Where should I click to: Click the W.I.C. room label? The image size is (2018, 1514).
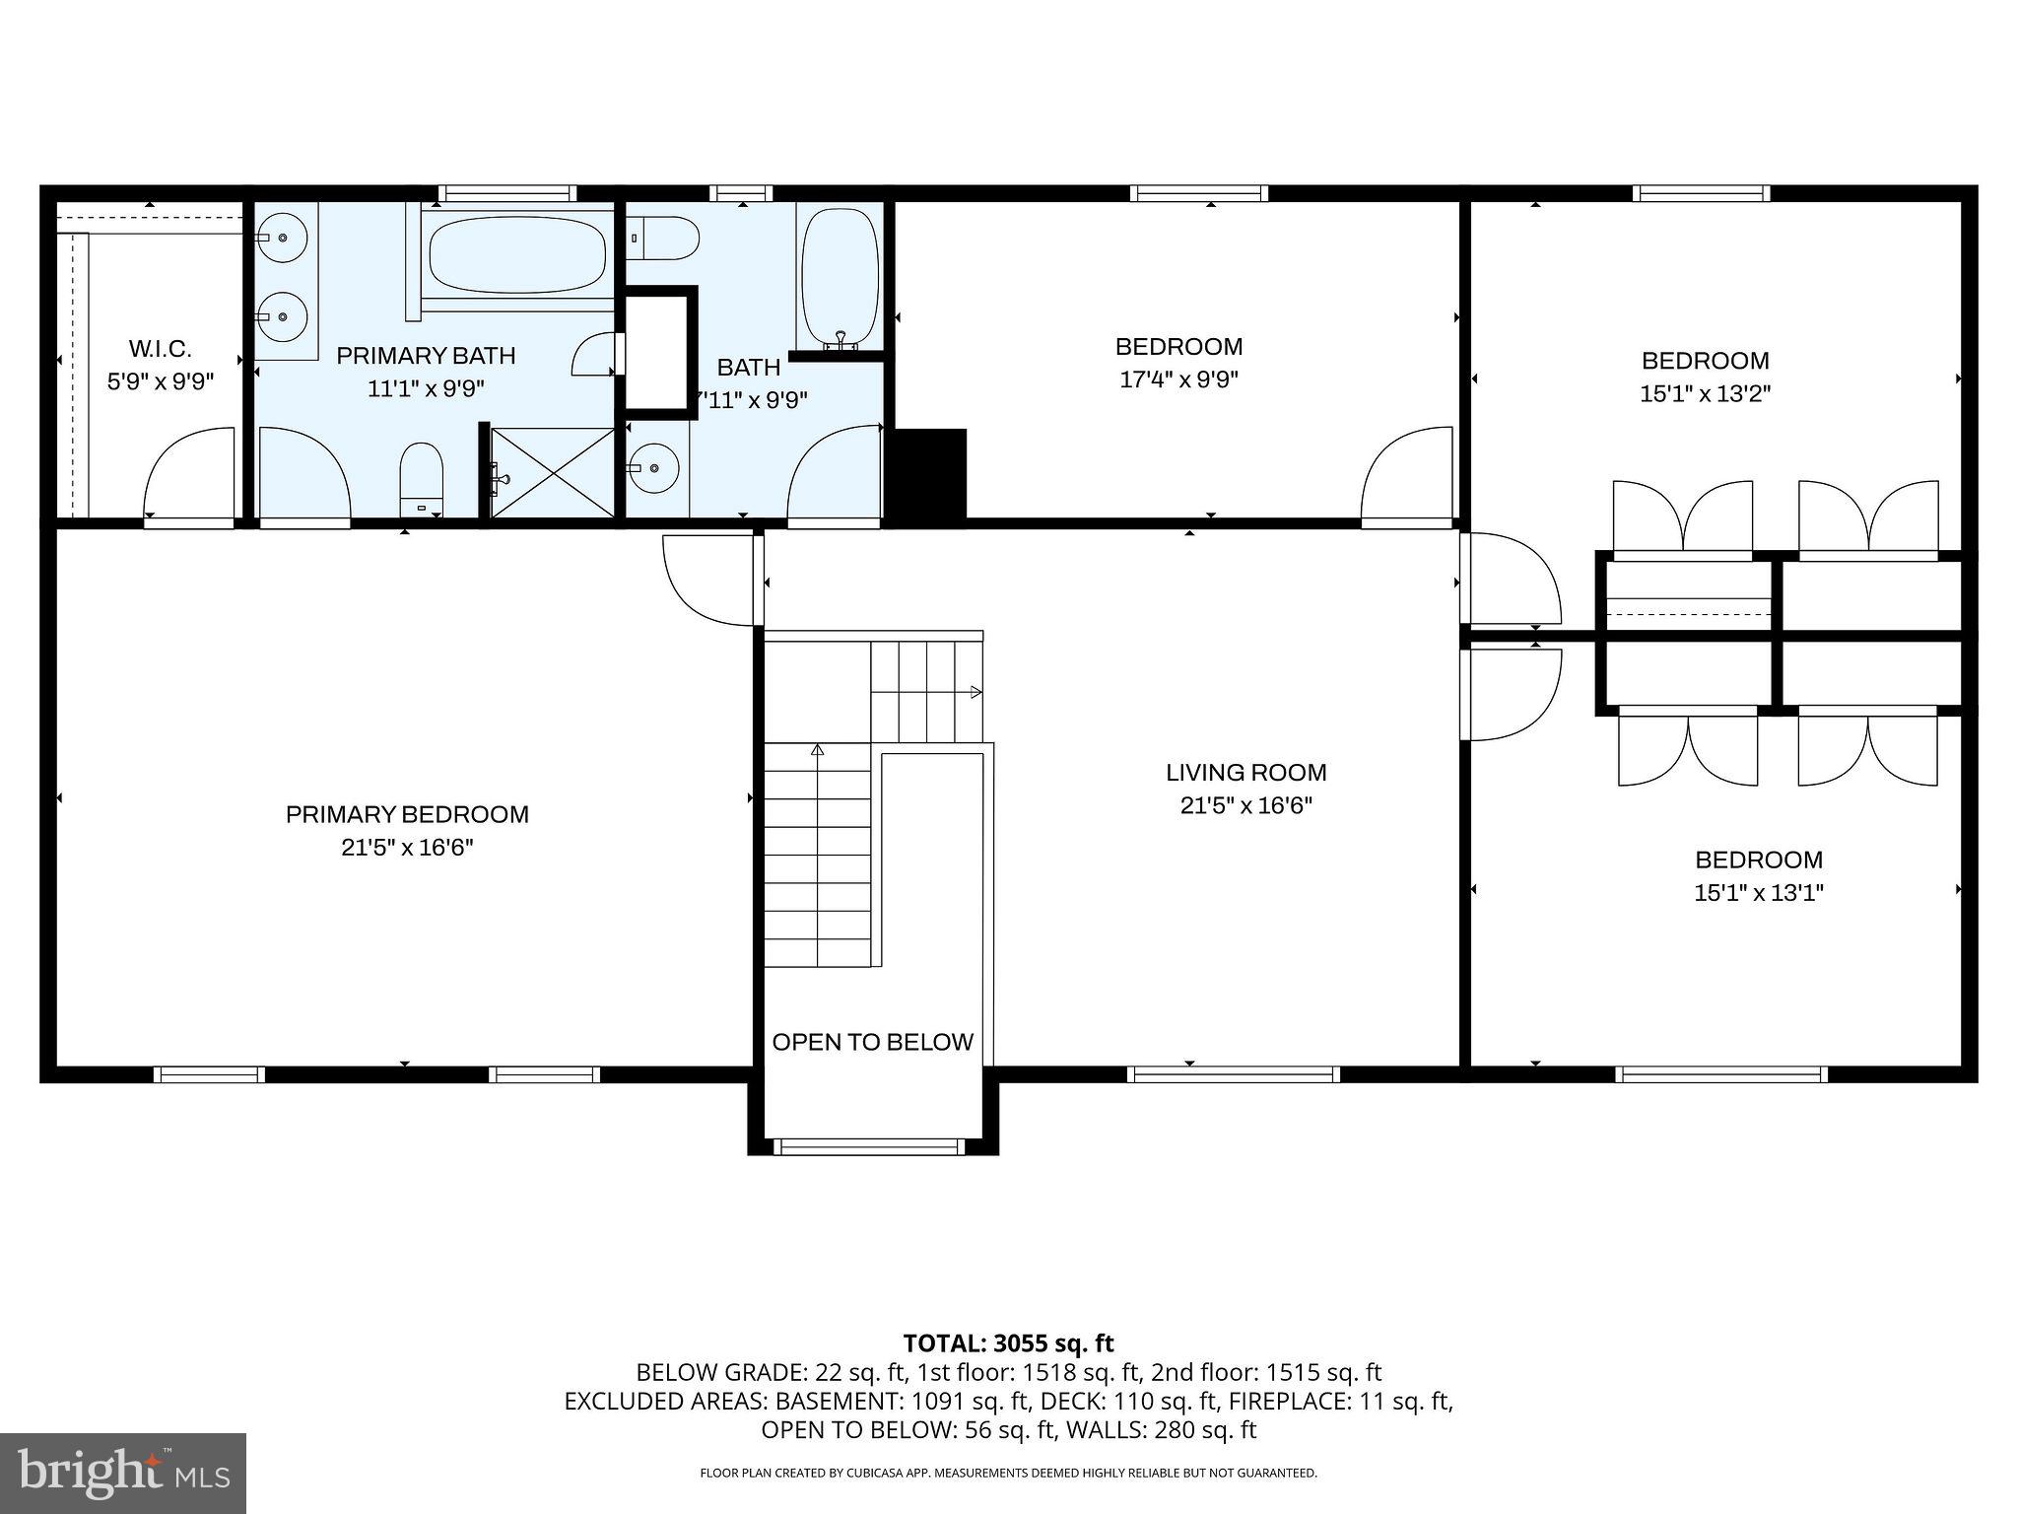[160, 348]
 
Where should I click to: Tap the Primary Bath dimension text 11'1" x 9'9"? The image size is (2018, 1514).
[426, 388]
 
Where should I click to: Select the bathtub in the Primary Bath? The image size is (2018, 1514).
[517, 254]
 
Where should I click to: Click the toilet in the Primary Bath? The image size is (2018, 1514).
[422, 479]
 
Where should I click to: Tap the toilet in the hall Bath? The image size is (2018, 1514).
[664, 238]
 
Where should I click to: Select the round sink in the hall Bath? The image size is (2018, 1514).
[651, 468]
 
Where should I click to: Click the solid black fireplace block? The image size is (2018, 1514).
[928, 473]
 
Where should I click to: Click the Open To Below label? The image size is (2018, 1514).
[872, 1042]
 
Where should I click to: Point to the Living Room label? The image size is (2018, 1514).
[1245, 772]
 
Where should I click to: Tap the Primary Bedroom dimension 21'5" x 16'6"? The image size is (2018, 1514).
[407, 848]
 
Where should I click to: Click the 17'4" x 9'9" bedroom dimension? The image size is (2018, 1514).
[1178, 379]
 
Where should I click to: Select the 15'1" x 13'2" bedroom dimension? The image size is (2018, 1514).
[1705, 393]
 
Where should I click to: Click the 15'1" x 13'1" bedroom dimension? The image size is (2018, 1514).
[1758, 893]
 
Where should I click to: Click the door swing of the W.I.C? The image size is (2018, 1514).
[189, 473]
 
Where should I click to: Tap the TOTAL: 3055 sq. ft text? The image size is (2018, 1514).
[1008, 1342]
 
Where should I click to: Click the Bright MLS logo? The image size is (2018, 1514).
[123, 1473]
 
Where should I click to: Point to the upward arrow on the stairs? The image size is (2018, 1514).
[817, 750]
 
